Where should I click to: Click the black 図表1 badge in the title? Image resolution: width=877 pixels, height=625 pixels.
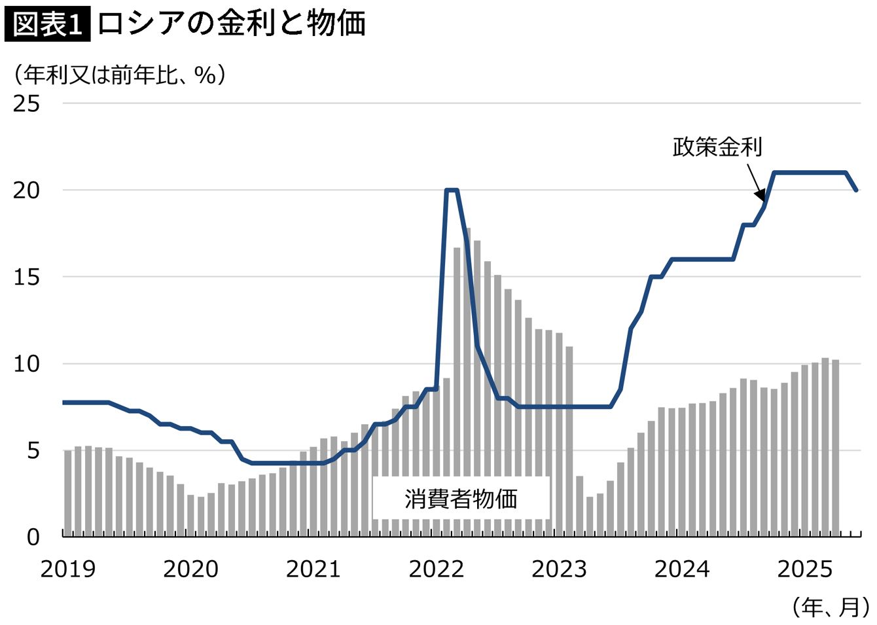point(47,25)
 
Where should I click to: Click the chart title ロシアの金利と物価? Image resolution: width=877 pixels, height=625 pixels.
point(232,25)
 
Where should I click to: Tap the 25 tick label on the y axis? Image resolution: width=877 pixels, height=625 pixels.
point(26,103)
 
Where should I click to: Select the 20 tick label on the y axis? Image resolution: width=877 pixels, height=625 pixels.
point(26,190)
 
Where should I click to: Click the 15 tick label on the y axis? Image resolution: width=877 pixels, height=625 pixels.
point(26,277)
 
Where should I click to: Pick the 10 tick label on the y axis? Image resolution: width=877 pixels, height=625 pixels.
point(26,364)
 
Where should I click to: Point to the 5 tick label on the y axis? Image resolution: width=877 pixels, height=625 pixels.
point(33,451)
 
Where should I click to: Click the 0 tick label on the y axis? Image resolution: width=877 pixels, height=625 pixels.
point(33,537)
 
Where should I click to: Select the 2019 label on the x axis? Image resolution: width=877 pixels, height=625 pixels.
point(67,569)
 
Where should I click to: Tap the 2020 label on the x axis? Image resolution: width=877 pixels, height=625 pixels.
point(190,569)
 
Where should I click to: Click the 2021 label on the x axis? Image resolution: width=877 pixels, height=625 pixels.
point(313,569)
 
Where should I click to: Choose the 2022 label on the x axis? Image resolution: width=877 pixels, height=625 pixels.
point(436,569)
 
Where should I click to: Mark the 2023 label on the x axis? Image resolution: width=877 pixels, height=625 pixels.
point(559,569)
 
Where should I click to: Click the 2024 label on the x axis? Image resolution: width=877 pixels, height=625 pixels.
point(681,569)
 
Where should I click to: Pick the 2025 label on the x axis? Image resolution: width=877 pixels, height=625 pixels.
point(804,569)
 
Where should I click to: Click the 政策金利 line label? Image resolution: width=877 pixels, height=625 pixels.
point(717,147)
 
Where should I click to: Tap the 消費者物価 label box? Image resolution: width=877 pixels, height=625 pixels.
point(461,499)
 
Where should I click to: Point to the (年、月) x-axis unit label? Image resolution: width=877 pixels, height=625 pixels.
point(831,607)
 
